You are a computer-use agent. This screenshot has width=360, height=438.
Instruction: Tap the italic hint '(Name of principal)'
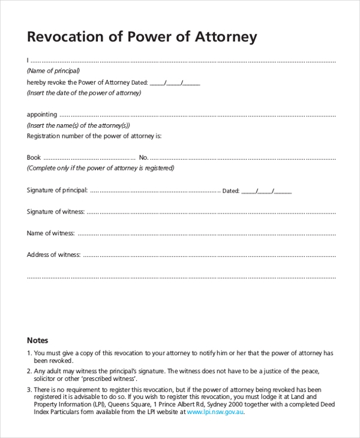click(x=53, y=71)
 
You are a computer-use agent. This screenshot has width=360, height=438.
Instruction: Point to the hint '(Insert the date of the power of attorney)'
click(x=84, y=93)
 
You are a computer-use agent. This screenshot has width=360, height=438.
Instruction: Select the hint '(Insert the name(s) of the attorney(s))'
click(x=78, y=125)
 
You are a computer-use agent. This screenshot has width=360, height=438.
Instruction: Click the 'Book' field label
click(x=34, y=157)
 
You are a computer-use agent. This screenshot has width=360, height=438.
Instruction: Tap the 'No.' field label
click(x=143, y=157)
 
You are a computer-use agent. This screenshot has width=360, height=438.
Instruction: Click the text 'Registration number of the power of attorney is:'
click(x=94, y=136)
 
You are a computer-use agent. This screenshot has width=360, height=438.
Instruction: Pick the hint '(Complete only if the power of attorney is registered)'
click(x=100, y=168)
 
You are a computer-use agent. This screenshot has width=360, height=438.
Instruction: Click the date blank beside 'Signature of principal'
click(x=266, y=191)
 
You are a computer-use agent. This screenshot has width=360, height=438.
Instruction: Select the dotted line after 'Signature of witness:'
click(x=210, y=212)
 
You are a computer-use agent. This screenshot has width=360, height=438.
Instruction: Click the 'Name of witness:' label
click(x=50, y=233)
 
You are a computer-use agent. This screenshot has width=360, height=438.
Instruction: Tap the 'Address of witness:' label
click(x=53, y=254)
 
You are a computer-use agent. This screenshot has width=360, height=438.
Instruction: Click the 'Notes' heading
click(x=37, y=340)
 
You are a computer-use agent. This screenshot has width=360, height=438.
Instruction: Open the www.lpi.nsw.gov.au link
click(x=215, y=412)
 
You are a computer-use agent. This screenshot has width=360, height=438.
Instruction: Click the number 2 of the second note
click(x=29, y=371)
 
